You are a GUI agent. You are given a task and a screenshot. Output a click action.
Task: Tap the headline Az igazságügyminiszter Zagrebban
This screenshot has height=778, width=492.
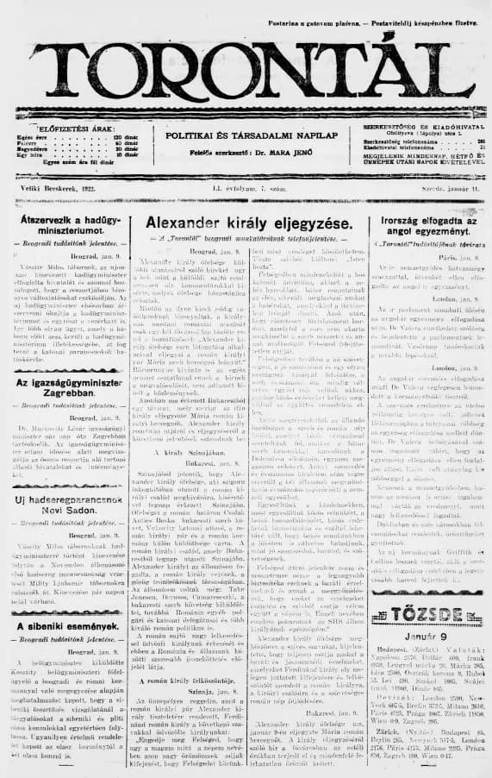click(x=72, y=362)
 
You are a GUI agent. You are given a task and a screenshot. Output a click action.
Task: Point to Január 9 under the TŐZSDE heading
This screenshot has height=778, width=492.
click(x=420, y=613)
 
